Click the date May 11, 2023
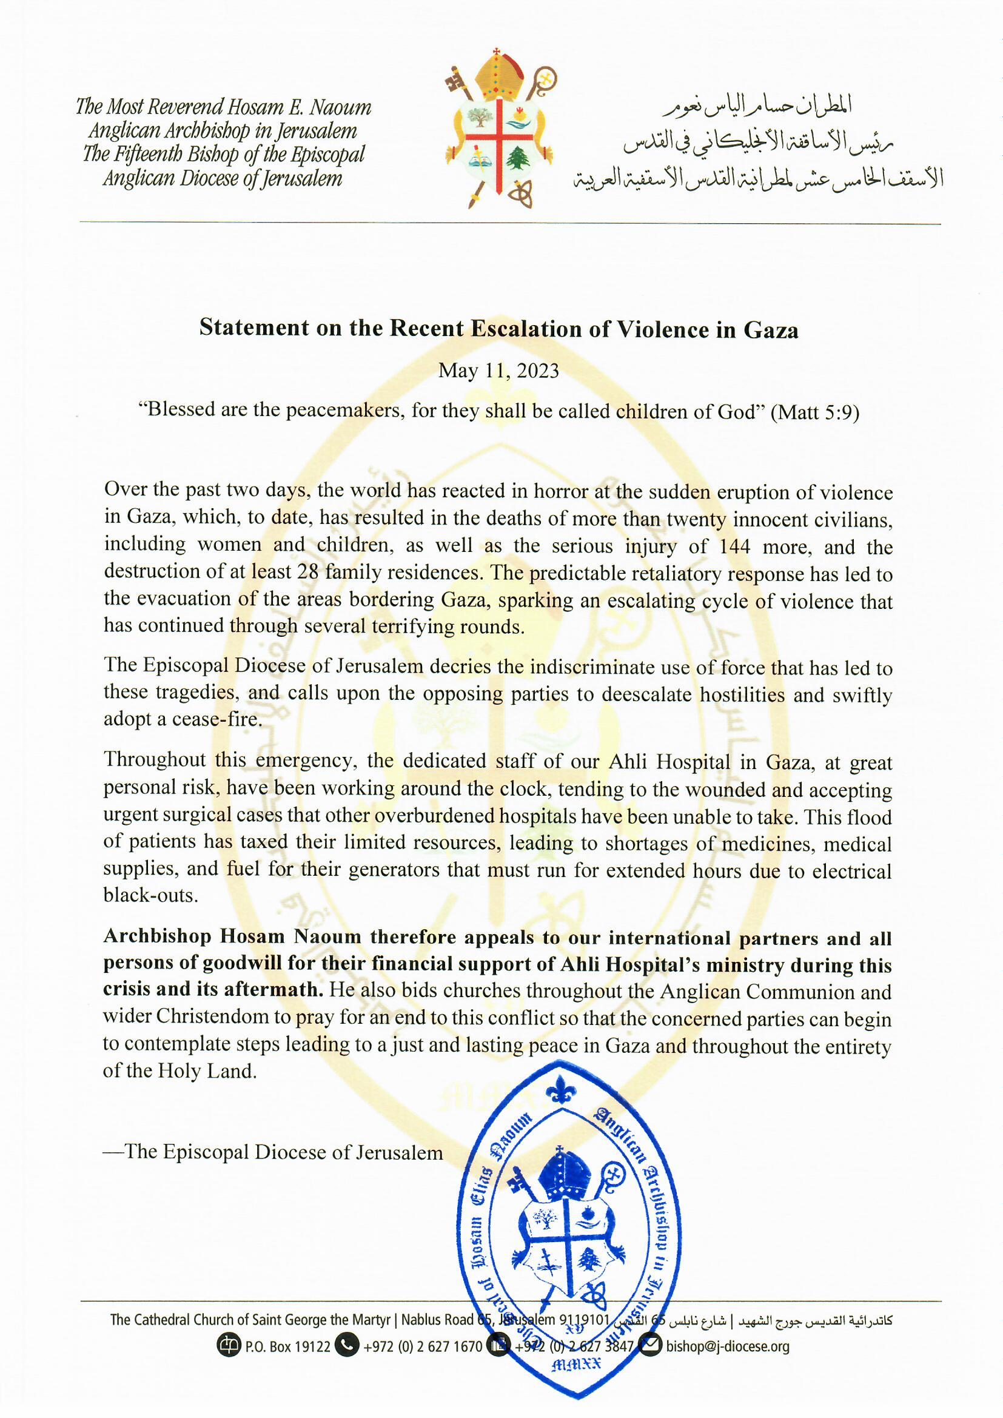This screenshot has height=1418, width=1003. [x=498, y=371]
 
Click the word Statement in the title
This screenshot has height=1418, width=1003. [x=254, y=328]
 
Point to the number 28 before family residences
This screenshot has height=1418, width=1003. [x=307, y=573]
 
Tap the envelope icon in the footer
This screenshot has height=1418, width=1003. [x=650, y=1346]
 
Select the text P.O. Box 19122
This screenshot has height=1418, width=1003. [x=288, y=1347]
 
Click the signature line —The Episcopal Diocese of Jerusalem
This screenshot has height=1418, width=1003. [x=273, y=1152]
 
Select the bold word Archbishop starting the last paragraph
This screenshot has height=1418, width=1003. [x=158, y=936]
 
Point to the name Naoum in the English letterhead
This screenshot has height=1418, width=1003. [x=340, y=107]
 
